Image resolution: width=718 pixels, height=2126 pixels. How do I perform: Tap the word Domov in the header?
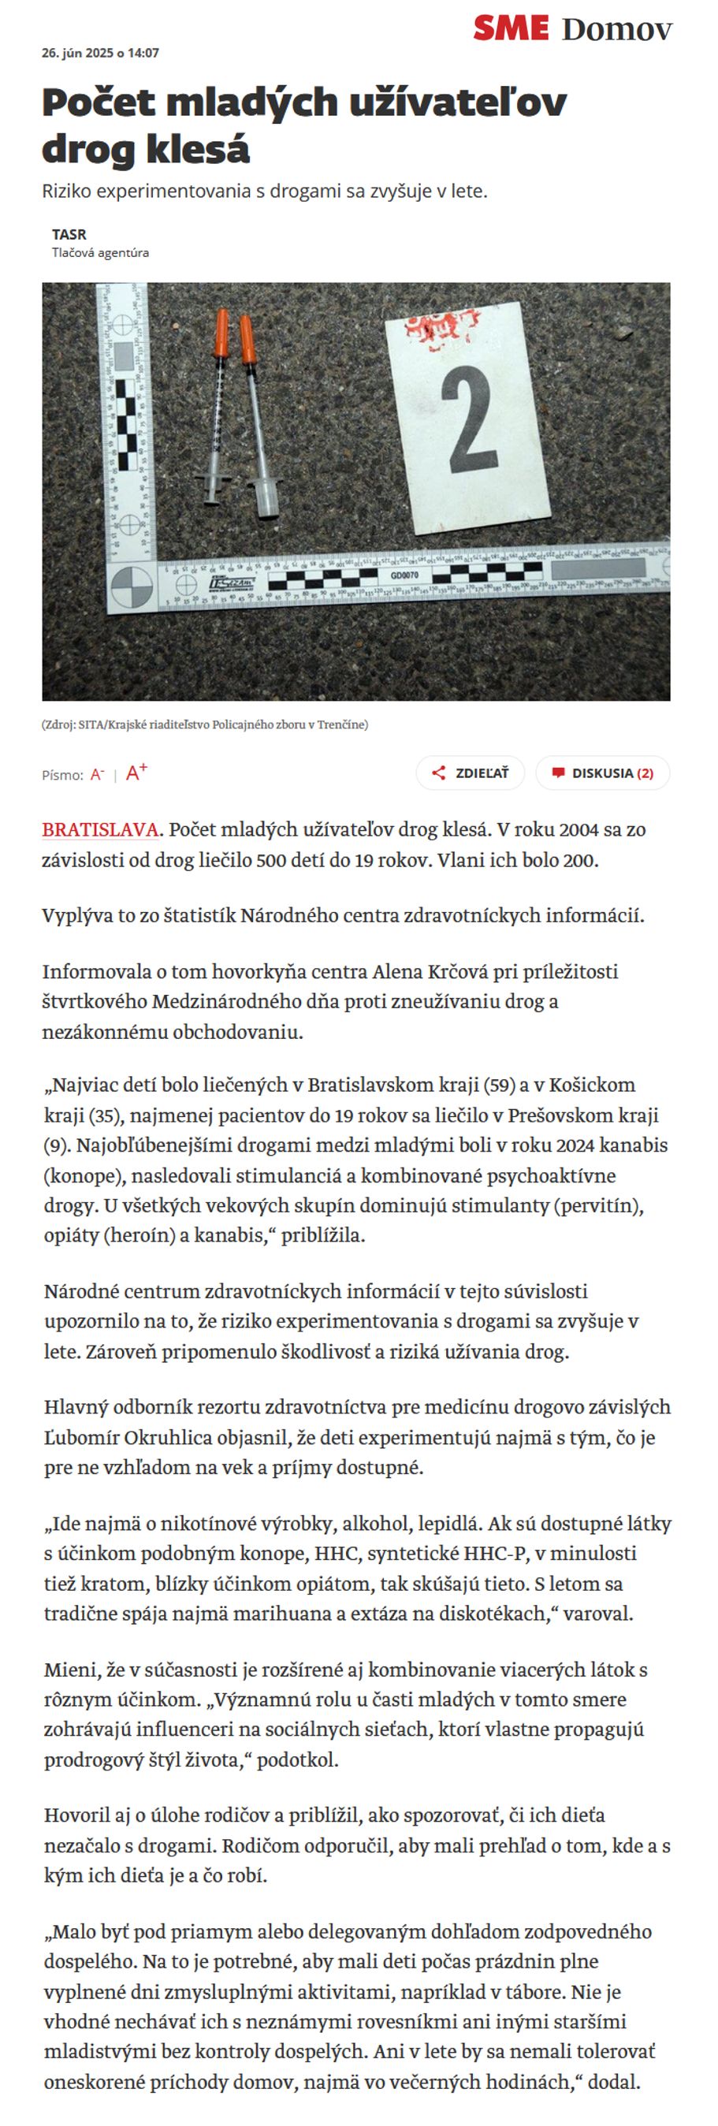point(616,30)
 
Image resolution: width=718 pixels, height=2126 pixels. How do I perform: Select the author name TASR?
point(69,234)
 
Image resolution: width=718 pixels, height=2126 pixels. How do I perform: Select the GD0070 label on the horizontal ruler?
point(404,575)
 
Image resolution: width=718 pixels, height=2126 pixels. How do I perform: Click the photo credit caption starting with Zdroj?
point(205,724)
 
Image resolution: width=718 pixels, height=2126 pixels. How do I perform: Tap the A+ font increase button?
point(136,773)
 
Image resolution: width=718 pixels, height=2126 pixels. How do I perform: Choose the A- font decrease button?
point(98,774)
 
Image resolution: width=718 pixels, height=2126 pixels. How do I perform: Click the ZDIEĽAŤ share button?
point(471,773)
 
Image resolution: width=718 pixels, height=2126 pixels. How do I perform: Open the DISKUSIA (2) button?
point(602,773)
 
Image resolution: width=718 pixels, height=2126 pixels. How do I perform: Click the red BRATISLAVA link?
point(100,829)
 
